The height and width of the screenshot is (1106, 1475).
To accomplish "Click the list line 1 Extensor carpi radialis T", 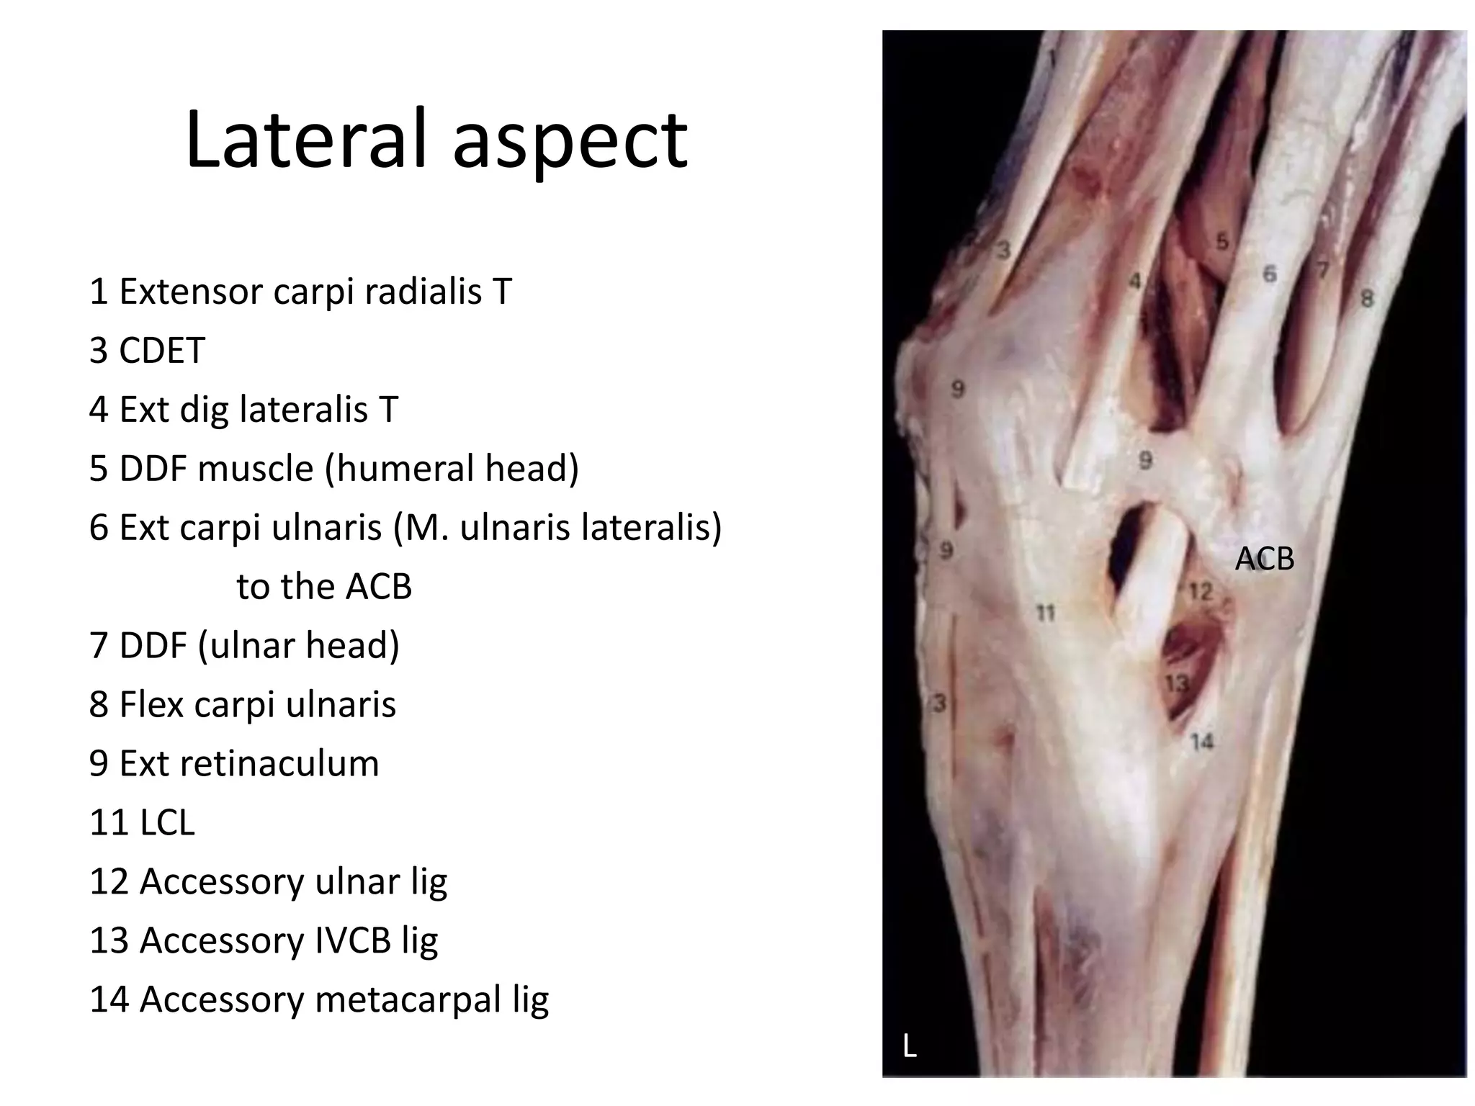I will coord(300,292).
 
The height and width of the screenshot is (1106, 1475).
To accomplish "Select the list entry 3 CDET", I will coord(147,351).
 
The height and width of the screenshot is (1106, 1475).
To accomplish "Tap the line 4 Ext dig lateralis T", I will coord(243,410).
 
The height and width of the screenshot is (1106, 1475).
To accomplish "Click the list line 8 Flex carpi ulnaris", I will coord(243,704).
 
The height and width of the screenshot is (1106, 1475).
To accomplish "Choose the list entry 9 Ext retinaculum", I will coord(234,763).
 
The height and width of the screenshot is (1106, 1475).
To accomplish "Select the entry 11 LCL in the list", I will coord(142,822).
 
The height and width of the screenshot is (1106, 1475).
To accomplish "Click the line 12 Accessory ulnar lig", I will coord(268,881).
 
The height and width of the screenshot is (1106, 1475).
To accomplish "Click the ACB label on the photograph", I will coord(1265,559).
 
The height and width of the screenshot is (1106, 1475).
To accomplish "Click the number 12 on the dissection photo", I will coord(1201,592).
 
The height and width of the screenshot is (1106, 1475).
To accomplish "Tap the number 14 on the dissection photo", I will coord(1202,741).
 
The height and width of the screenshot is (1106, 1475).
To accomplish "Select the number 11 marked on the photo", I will coord(1045,613).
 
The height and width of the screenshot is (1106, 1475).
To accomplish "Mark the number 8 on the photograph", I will coord(1367,297).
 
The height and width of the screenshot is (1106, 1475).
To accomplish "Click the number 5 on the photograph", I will coord(1222,242).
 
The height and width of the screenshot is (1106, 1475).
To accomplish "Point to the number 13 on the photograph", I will coord(1177,683).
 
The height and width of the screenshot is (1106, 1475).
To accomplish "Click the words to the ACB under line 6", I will coord(324,587).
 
